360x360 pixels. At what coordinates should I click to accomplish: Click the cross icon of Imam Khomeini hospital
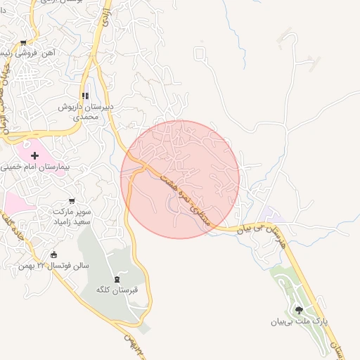point(34,155)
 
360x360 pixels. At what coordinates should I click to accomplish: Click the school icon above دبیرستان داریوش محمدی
point(85,96)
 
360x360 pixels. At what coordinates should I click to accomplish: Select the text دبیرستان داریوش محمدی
point(84,112)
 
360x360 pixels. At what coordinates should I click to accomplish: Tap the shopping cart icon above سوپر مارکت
point(72,201)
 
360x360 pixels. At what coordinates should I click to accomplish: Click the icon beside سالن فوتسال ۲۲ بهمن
point(54,255)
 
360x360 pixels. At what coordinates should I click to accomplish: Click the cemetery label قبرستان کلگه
point(117,289)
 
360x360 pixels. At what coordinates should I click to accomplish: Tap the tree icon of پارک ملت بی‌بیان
point(299,309)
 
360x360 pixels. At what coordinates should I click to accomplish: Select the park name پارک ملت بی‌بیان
point(300,322)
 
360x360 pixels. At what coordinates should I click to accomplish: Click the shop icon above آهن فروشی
point(24,43)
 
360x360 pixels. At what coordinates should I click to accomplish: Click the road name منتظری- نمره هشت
point(186,199)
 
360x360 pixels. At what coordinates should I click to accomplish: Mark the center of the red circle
point(180,179)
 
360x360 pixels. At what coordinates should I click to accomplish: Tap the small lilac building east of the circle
point(266,212)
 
